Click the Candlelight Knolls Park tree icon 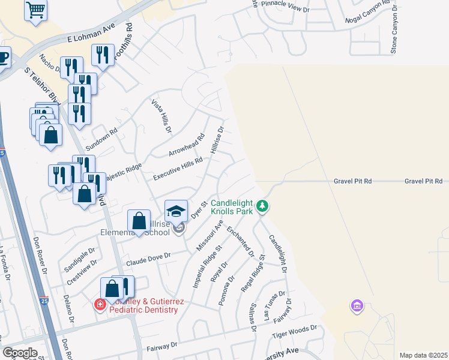(x=262, y=206)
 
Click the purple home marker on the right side (x=357, y=307)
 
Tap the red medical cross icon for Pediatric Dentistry (x=100, y=305)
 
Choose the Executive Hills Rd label (x=178, y=169)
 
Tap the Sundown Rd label (x=101, y=138)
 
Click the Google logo (x=20, y=353)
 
